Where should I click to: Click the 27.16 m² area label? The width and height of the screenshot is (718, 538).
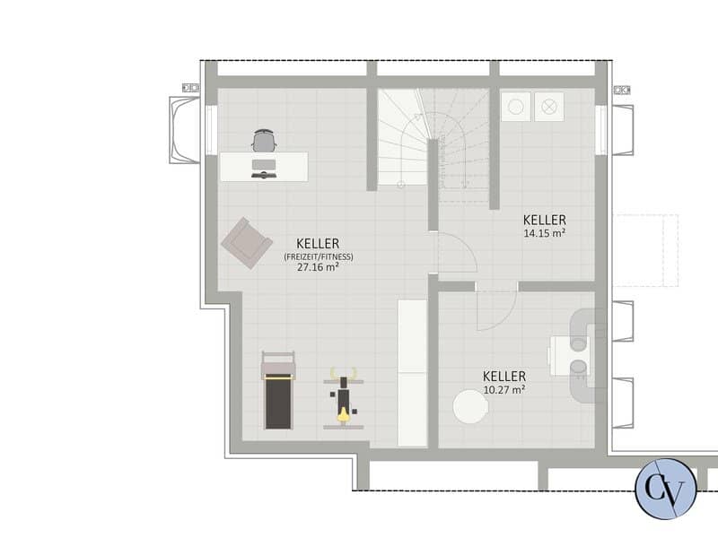pos(318,267)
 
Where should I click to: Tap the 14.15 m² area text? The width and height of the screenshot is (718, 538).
pos(545,233)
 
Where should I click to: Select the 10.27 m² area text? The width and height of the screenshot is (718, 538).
pos(504,390)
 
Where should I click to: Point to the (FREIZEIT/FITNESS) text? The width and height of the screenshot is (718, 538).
pos(319,256)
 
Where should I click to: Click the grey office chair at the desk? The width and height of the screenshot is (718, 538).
pos(264,141)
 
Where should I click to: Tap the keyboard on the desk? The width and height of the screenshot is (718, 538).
pos(264,175)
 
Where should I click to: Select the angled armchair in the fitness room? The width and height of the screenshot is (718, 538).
pos(247,243)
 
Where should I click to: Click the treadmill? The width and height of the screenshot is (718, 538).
pos(278,390)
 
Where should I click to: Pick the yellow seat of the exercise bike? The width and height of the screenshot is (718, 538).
pos(343,414)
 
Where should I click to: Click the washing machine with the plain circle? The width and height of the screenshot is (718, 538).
pos(516,107)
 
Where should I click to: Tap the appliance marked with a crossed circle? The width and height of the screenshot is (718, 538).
pos(549,107)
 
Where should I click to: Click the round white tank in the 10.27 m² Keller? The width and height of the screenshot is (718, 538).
pos(470,406)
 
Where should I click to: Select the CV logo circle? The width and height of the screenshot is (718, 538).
pos(666,489)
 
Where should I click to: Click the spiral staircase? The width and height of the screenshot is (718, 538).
pos(433,137)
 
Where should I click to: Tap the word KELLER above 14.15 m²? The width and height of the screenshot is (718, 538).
pos(545,220)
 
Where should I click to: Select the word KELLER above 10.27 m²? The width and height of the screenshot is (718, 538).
pos(504,377)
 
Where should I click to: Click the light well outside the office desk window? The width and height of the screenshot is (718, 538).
pos(185,130)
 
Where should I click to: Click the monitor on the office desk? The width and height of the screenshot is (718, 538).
pos(264,165)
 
